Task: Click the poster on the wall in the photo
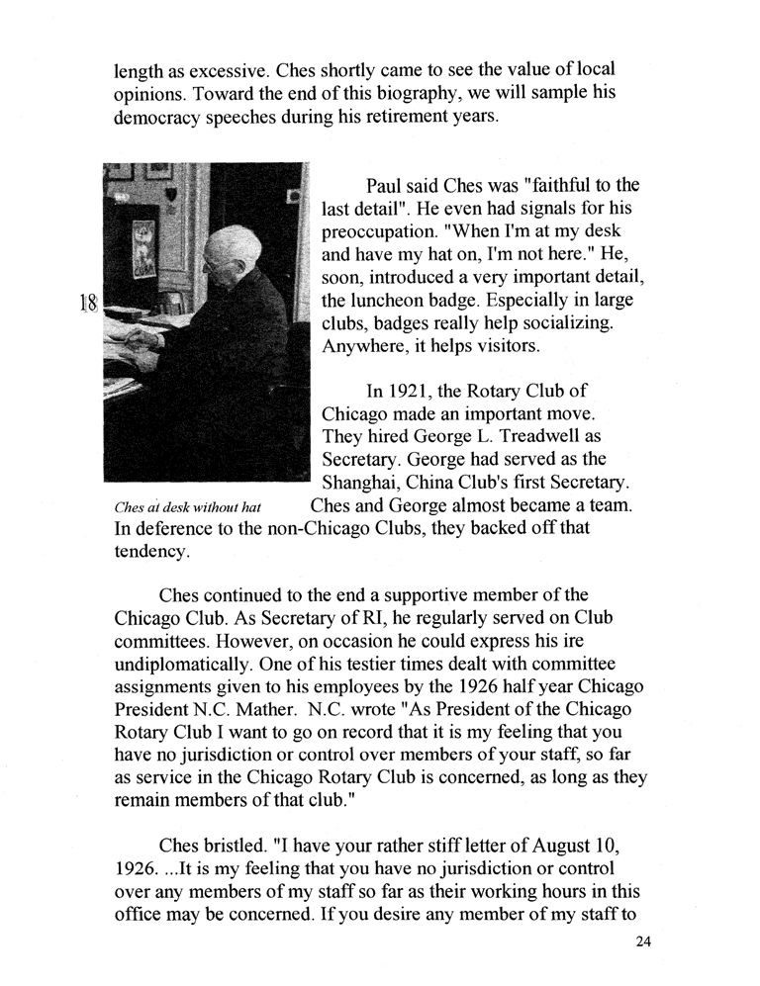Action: [x=145, y=246]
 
